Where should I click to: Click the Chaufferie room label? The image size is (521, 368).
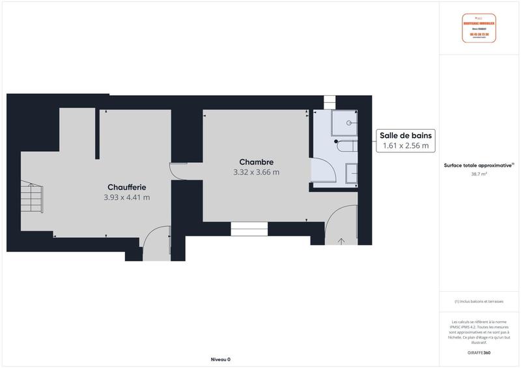point(127,187)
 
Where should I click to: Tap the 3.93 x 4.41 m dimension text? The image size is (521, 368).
point(127,197)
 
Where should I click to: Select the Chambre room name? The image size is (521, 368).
point(256,162)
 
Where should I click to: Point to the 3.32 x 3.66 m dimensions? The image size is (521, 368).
point(256,173)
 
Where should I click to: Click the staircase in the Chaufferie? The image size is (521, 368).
point(32,196)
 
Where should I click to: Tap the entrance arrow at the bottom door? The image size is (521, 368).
point(341,242)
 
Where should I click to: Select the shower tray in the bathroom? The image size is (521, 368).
point(345,122)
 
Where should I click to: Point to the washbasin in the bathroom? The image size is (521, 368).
point(351,173)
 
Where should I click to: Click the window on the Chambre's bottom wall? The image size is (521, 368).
point(249,229)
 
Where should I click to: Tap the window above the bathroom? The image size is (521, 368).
point(330,102)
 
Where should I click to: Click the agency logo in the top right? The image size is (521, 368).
point(479,28)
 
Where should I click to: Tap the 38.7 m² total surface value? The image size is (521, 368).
point(479,175)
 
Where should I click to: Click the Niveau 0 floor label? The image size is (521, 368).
point(221,360)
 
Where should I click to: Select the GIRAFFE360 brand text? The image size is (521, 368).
point(479,352)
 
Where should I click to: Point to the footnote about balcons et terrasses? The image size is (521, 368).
point(479,302)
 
